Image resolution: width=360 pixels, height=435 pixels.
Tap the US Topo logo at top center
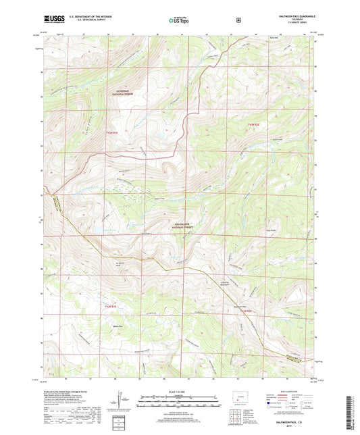click(x=180, y=20)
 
